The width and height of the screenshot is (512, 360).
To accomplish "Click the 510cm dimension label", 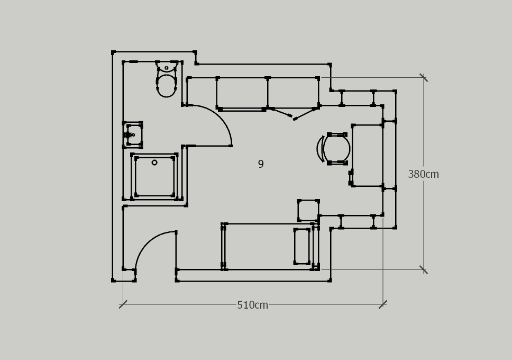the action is (252, 305).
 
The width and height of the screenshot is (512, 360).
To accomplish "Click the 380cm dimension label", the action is (423, 174).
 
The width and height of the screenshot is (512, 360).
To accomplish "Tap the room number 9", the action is (261, 164).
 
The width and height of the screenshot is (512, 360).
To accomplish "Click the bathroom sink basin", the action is (133, 134).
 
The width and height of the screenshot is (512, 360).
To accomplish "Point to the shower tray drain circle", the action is (154, 163).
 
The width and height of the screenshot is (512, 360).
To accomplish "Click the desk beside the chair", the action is (368, 155).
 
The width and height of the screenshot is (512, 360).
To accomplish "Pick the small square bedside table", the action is (308, 210).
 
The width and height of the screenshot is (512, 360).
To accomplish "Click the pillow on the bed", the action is (301, 246).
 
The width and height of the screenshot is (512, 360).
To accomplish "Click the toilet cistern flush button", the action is (167, 68).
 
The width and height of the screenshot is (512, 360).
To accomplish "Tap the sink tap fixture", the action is (129, 134).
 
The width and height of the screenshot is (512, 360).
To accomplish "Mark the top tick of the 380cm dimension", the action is (424, 77).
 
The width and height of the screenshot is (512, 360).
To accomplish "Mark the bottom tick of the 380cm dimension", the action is (424, 270).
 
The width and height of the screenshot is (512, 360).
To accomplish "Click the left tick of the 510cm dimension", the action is (123, 304).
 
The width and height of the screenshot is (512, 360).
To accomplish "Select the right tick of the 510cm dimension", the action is (383, 304).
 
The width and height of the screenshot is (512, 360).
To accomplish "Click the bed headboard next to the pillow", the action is (316, 247).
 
